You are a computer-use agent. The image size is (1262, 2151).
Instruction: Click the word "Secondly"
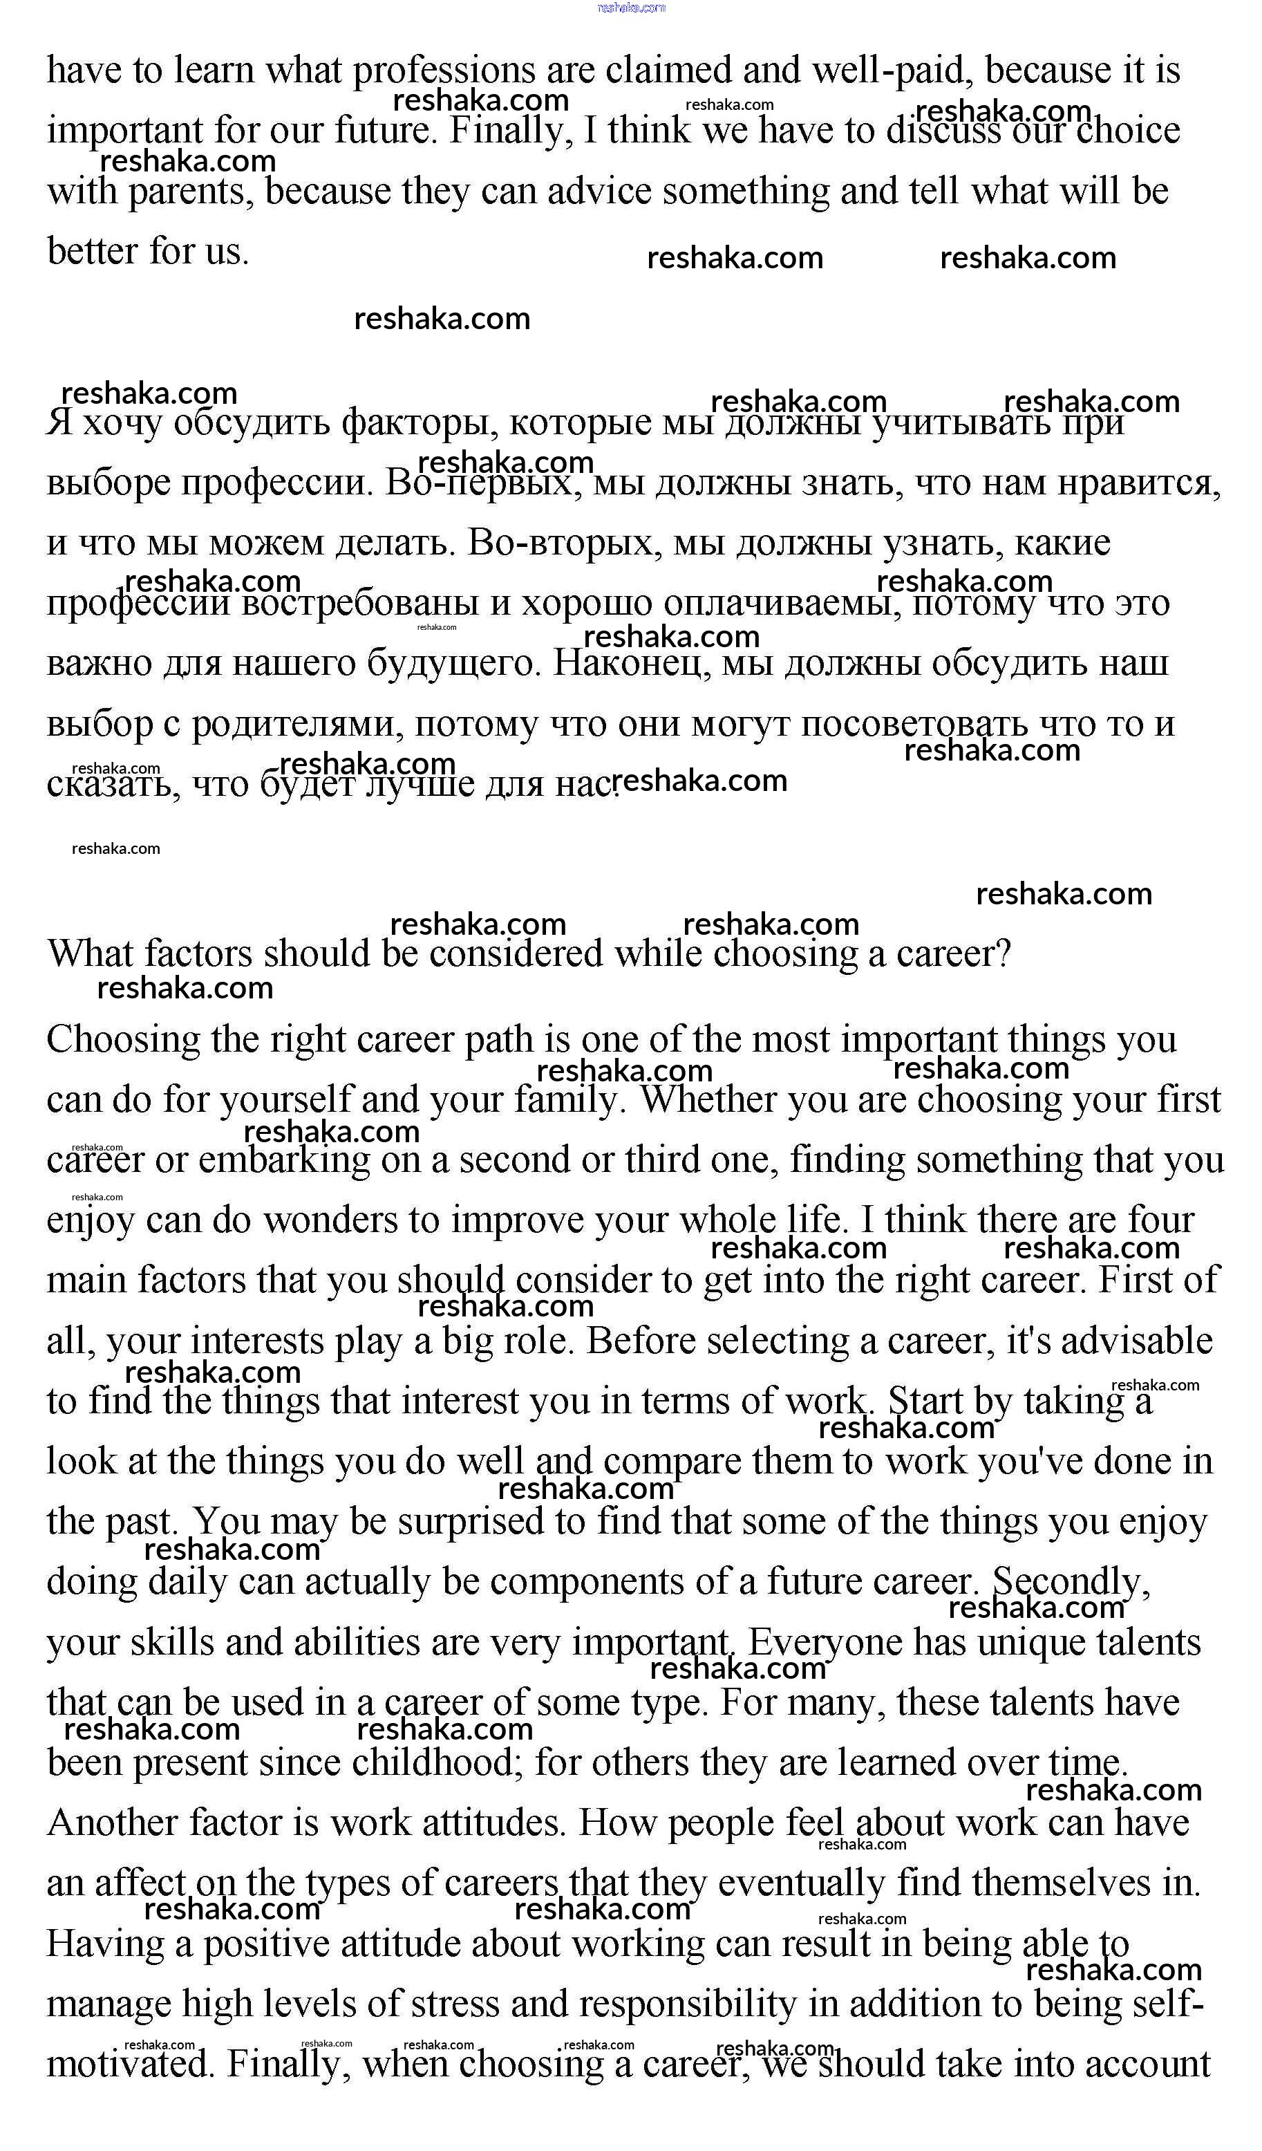(1070, 1583)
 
